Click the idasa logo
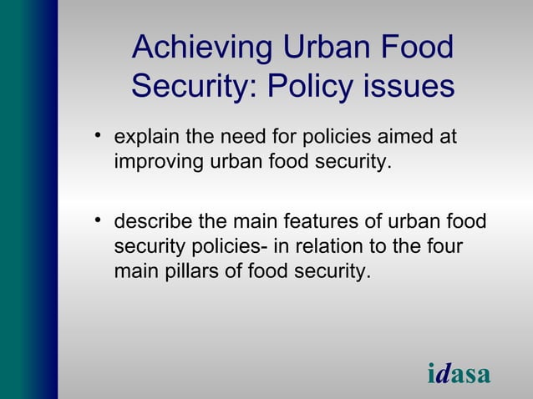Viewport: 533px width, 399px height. point(459,374)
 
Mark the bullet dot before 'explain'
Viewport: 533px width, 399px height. point(98,136)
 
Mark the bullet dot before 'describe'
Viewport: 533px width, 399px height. point(98,222)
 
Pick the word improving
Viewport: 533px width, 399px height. point(154,160)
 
